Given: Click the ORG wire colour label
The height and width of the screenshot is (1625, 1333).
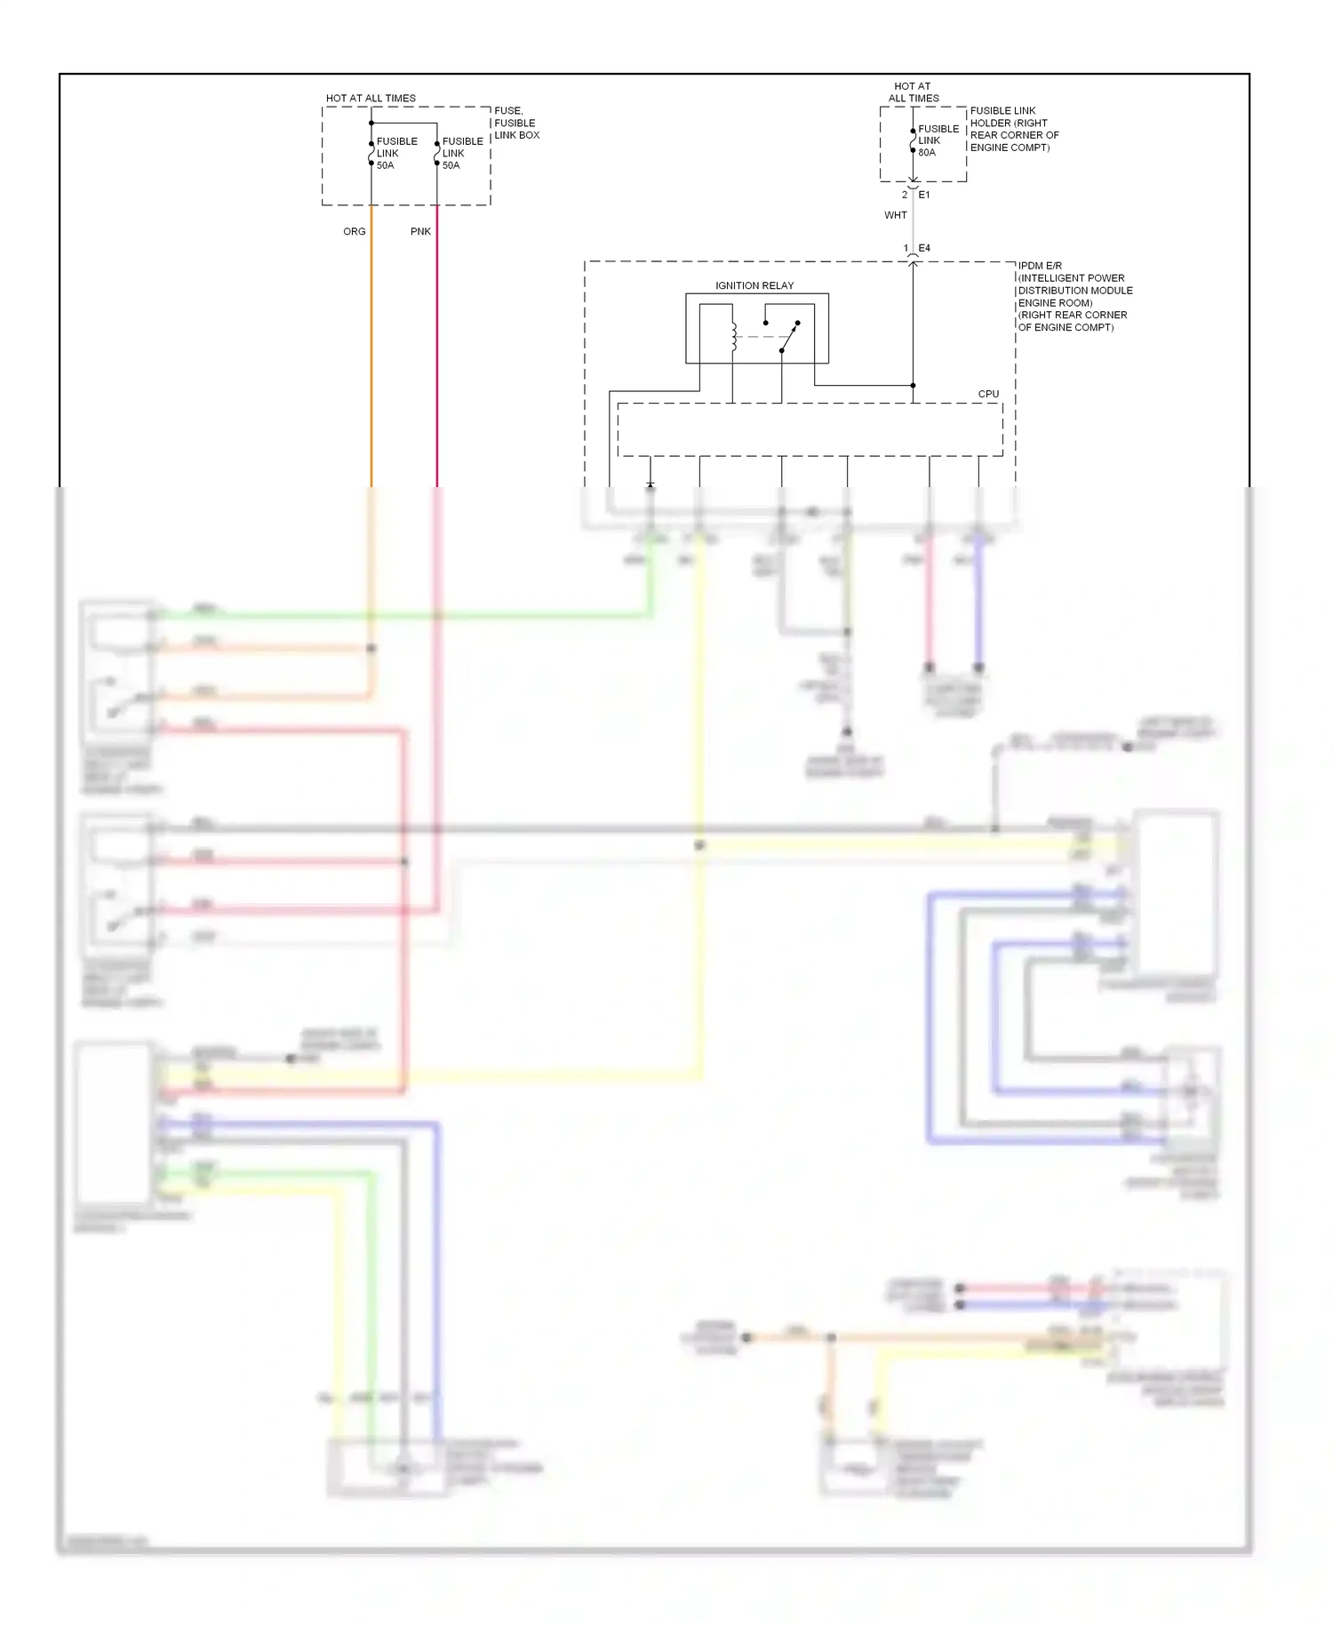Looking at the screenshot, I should [x=354, y=231].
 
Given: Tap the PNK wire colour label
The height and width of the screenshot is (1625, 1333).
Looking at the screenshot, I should [x=420, y=231].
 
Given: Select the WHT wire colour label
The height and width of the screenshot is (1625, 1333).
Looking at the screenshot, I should [x=896, y=215].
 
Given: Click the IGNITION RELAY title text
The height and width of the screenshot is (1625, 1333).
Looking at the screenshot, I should [x=754, y=285].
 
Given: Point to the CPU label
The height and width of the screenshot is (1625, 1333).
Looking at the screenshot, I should [x=988, y=394].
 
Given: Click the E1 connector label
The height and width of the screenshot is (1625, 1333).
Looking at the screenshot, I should [x=924, y=195].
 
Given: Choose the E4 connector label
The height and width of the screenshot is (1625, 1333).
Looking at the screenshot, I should [x=924, y=248].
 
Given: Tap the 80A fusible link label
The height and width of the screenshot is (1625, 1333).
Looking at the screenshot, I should [x=927, y=153].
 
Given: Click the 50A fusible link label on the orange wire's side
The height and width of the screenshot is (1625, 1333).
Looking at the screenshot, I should [x=386, y=165].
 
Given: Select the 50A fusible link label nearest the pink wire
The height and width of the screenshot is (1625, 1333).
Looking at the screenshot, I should [x=451, y=165].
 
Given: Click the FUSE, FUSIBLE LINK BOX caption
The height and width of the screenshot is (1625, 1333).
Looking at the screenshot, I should [x=516, y=123].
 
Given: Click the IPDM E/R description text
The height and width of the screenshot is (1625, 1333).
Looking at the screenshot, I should [x=1074, y=296].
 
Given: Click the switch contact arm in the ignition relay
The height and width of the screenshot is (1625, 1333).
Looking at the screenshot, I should [x=790, y=337].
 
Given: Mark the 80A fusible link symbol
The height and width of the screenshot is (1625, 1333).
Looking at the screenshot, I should [x=913, y=141].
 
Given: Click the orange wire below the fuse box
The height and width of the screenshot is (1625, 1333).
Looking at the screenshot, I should [x=371, y=356].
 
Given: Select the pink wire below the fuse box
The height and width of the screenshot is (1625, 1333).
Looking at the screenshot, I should [x=437, y=356].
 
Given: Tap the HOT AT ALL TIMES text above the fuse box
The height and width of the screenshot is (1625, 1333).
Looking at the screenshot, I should [x=371, y=98].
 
